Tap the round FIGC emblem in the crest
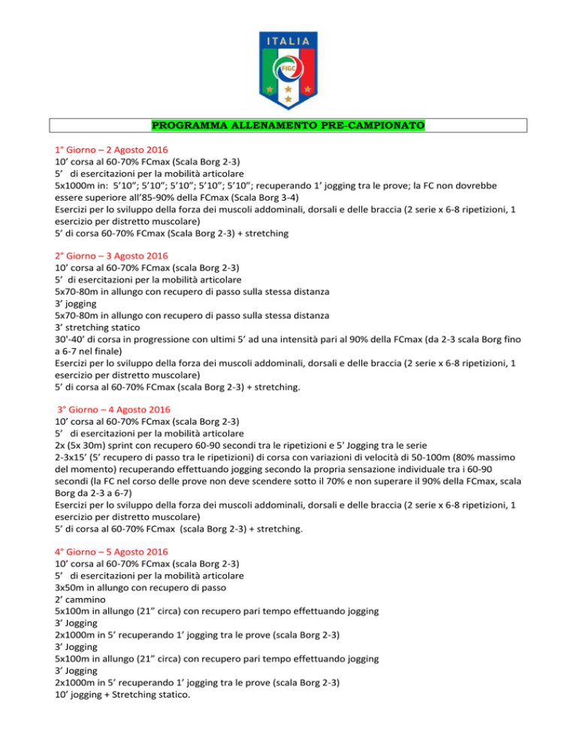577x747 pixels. pyautogui.click(x=288, y=68)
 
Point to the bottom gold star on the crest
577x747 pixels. pyautogui.click(x=288, y=98)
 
